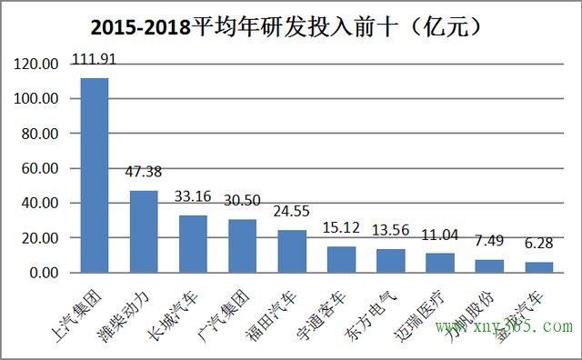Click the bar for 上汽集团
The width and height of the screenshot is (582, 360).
click(95, 175)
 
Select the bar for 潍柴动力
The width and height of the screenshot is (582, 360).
click(144, 231)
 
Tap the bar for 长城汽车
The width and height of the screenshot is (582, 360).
click(193, 244)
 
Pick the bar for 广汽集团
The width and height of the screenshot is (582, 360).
click(242, 245)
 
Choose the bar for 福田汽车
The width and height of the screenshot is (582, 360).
click(291, 251)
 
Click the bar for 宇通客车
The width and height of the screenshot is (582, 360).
click(341, 259)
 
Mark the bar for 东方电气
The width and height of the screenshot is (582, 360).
click(390, 261)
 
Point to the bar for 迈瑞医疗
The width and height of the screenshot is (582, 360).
click(439, 263)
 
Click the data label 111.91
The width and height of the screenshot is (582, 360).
click(95, 61)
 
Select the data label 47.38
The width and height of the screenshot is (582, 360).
click(144, 173)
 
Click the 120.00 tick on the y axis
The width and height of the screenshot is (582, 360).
click(38, 65)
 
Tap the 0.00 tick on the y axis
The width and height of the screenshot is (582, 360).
click(45, 273)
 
